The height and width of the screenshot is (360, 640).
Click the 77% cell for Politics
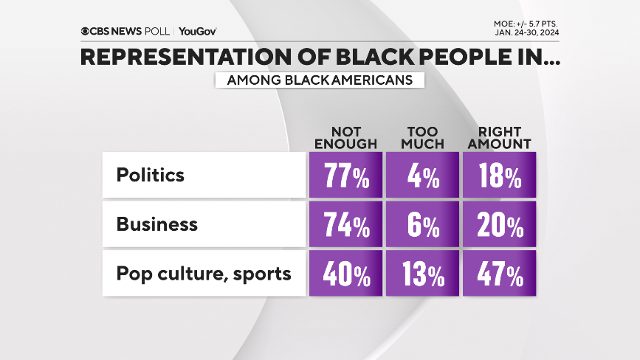point(345,176)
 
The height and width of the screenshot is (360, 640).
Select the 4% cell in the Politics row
point(423,176)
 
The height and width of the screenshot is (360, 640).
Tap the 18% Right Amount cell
point(499,176)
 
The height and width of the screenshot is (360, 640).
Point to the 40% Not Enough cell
point(345,275)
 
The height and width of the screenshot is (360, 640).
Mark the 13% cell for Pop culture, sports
point(423,275)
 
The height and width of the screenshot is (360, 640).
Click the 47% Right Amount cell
point(499,275)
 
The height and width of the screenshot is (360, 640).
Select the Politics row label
point(151,176)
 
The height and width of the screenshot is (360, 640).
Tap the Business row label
point(157,225)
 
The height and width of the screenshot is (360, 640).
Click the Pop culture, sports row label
point(204,274)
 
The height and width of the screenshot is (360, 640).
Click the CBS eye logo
point(86,31)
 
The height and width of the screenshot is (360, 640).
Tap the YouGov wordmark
point(198,31)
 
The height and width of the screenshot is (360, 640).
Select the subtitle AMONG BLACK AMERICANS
point(319,80)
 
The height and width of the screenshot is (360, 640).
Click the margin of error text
point(527,23)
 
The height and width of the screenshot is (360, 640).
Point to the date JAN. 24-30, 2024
point(527,32)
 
